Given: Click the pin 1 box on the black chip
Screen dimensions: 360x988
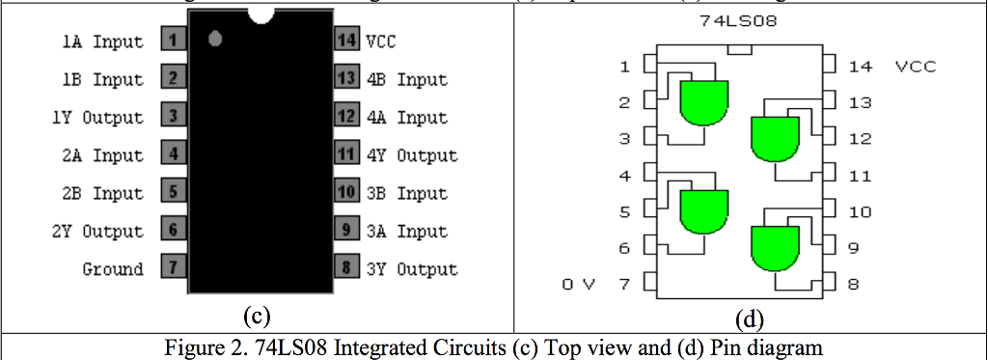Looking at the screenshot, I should click(172, 41).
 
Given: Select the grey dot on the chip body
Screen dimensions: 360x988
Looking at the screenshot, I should click(215, 39).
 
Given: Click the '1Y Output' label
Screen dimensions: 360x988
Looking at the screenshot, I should click(96, 118).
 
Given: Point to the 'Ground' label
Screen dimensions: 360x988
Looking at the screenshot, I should click(113, 269).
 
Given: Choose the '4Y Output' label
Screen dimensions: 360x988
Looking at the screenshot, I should click(411, 155).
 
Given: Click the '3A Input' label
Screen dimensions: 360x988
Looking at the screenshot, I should click(406, 232).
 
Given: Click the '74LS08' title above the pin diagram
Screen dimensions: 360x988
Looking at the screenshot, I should click(739, 19).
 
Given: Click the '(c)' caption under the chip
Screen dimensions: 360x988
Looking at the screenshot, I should click(256, 316).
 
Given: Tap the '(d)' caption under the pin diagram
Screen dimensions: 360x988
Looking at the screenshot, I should click(749, 317).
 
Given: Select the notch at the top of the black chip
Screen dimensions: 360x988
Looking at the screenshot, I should click(261, 14).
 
